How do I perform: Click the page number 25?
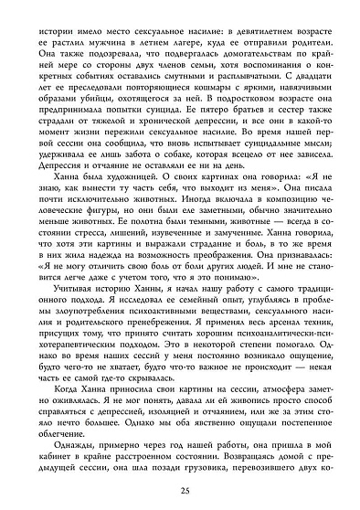point(180,494)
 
